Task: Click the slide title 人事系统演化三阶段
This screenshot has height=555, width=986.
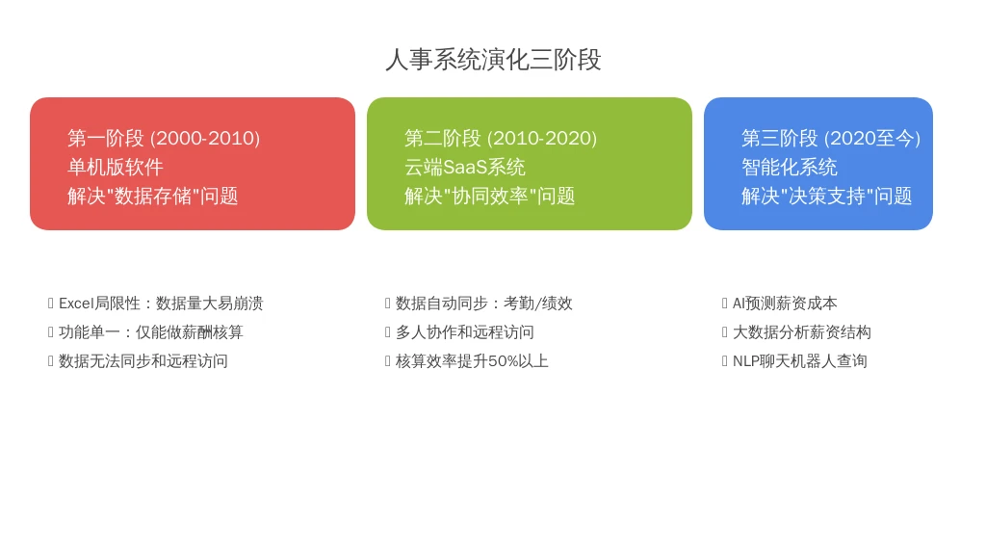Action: [493, 60]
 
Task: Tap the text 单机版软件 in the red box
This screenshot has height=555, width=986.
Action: [116, 168]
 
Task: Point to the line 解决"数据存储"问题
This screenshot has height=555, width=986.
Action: [153, 197]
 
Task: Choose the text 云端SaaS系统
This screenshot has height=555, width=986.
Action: [465, 168]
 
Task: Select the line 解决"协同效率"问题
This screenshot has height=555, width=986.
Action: [490, 197]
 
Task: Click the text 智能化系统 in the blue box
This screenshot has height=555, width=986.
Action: [790, 168]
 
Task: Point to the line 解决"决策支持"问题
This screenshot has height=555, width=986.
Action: [827, 197]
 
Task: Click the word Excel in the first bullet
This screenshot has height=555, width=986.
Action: [76, 304]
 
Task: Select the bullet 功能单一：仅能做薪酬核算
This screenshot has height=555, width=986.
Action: [151, 332]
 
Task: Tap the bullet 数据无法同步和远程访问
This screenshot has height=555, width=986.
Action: [143, 361]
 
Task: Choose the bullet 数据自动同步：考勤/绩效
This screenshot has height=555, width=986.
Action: [484, 304]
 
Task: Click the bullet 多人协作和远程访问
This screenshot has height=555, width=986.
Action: [465, 332]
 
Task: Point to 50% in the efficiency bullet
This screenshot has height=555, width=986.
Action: [503, 361]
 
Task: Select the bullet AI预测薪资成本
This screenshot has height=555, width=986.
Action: [785, 304]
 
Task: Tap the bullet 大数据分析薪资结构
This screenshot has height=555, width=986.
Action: [802, 332]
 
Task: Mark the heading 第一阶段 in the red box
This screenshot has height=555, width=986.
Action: [106, 139]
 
